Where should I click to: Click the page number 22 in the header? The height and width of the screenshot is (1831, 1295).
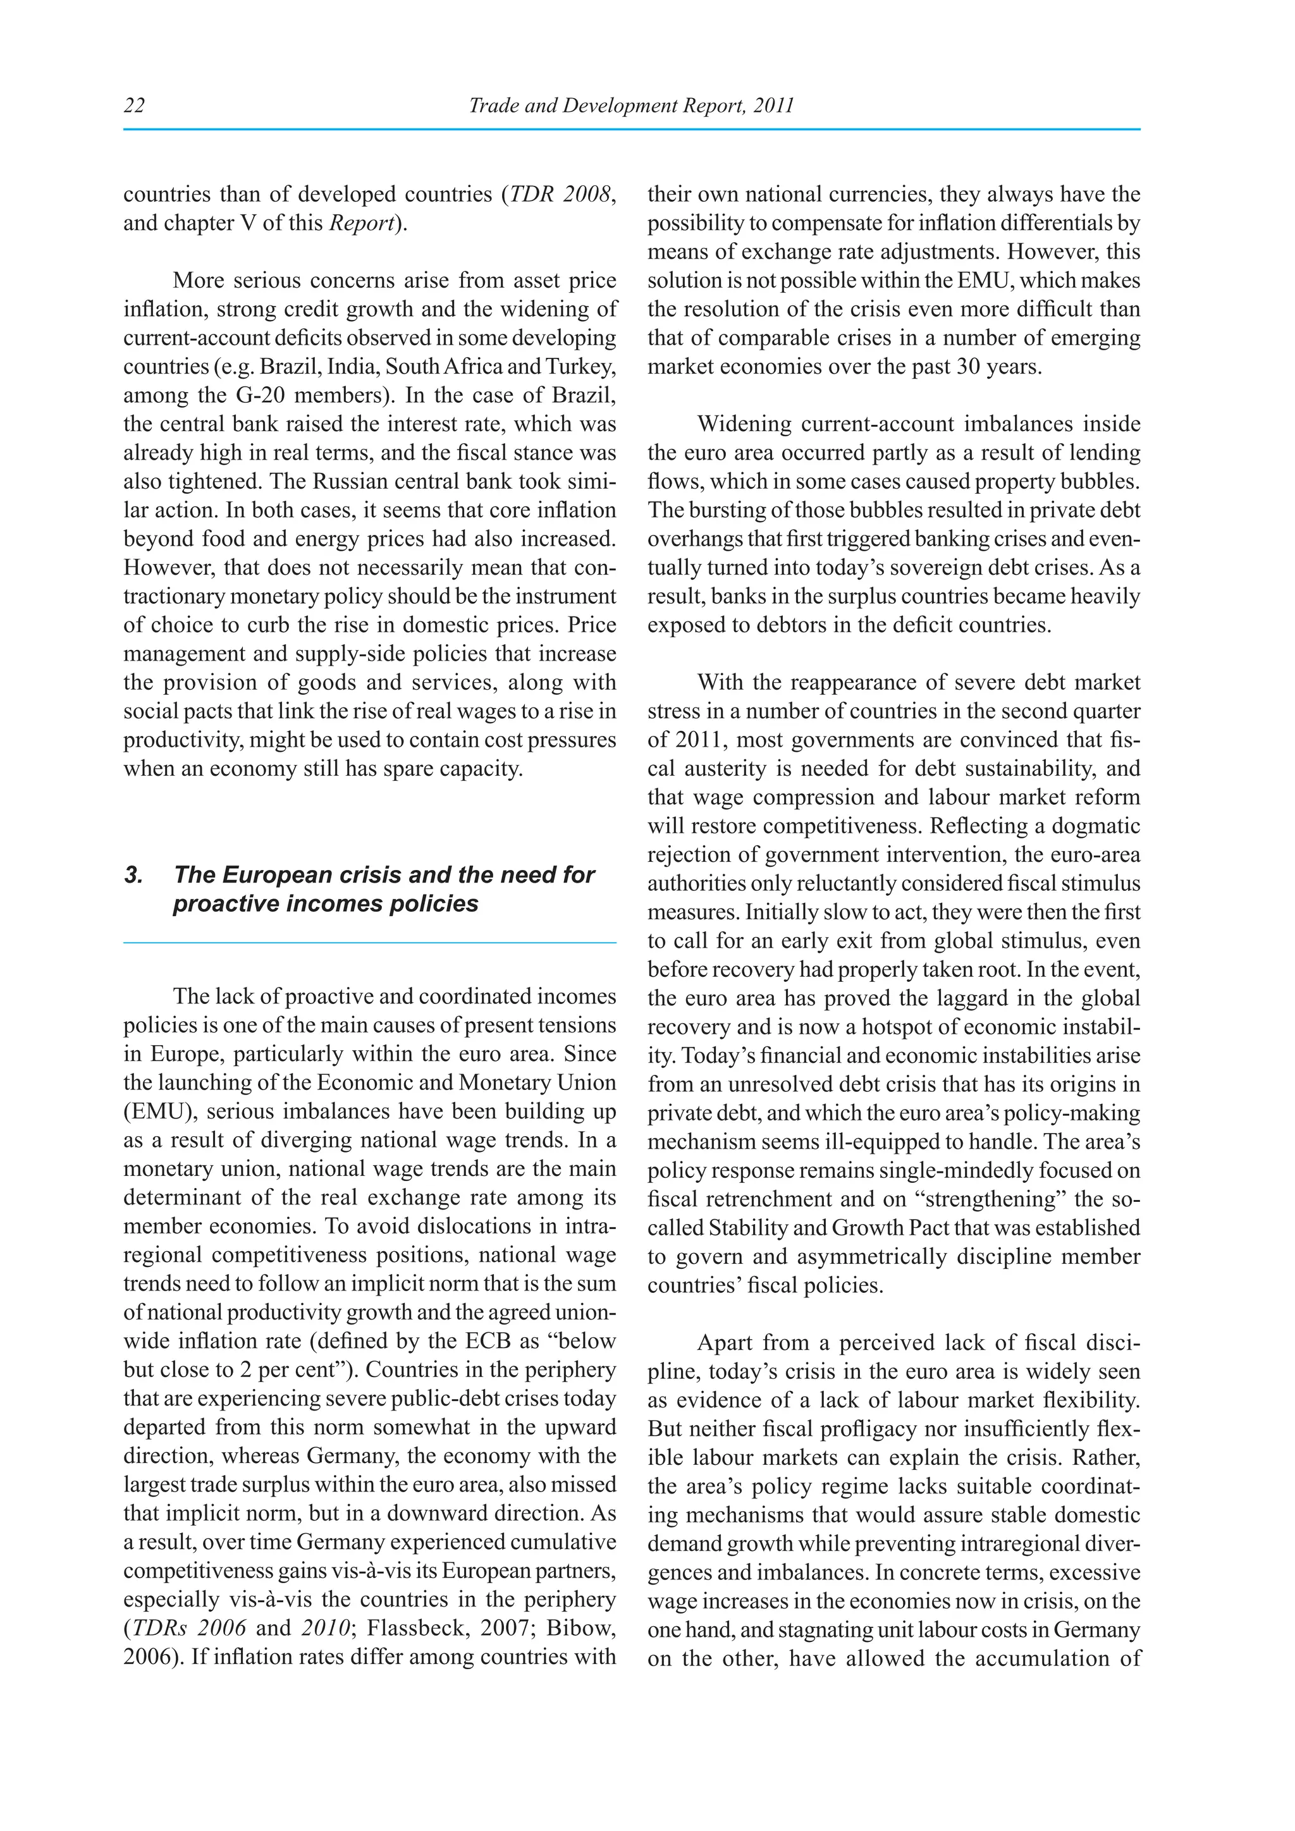coord(134,105)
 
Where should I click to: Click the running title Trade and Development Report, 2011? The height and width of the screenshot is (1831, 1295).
coord(631,105)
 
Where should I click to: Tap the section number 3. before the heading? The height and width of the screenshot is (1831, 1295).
coord(133,875)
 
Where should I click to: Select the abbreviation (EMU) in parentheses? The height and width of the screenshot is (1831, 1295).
coord(159,1111)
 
